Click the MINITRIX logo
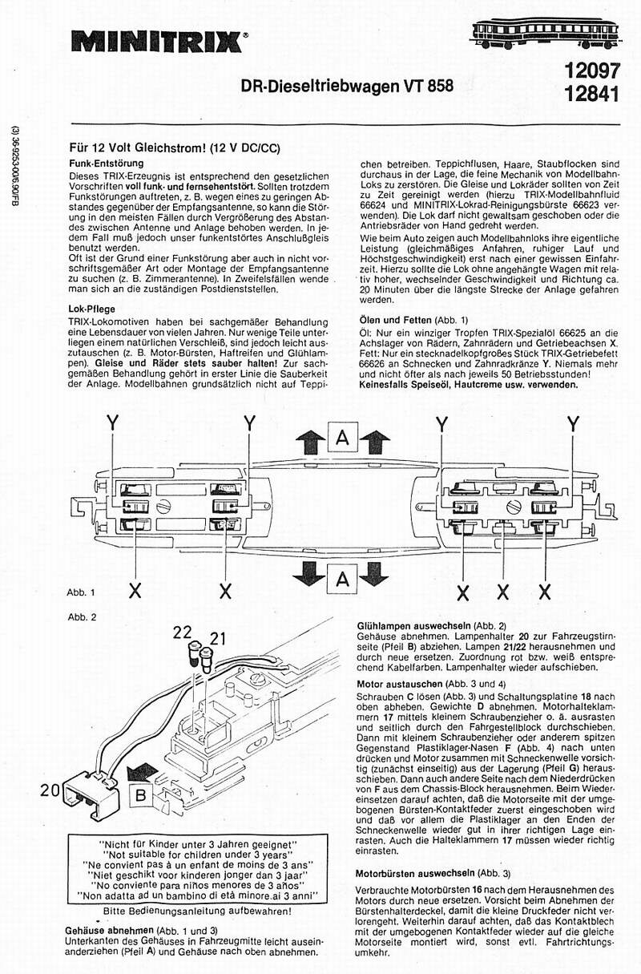pyautogui.click(x=155, y=40)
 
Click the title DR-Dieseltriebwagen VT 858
pyautogui.click(x=347, y=84)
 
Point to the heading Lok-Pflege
pyautogui.click(x=93, y=307)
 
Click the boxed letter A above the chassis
pyautogui.click(x=342, y=439)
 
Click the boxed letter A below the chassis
pyautogui.click(x=342, y=578)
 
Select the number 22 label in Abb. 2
pyautogui.click(x=183, y=632)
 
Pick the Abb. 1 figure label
pyautogui.click(x=82, y=592)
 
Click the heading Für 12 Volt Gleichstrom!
pyautogui.click(x=175, y=148)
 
